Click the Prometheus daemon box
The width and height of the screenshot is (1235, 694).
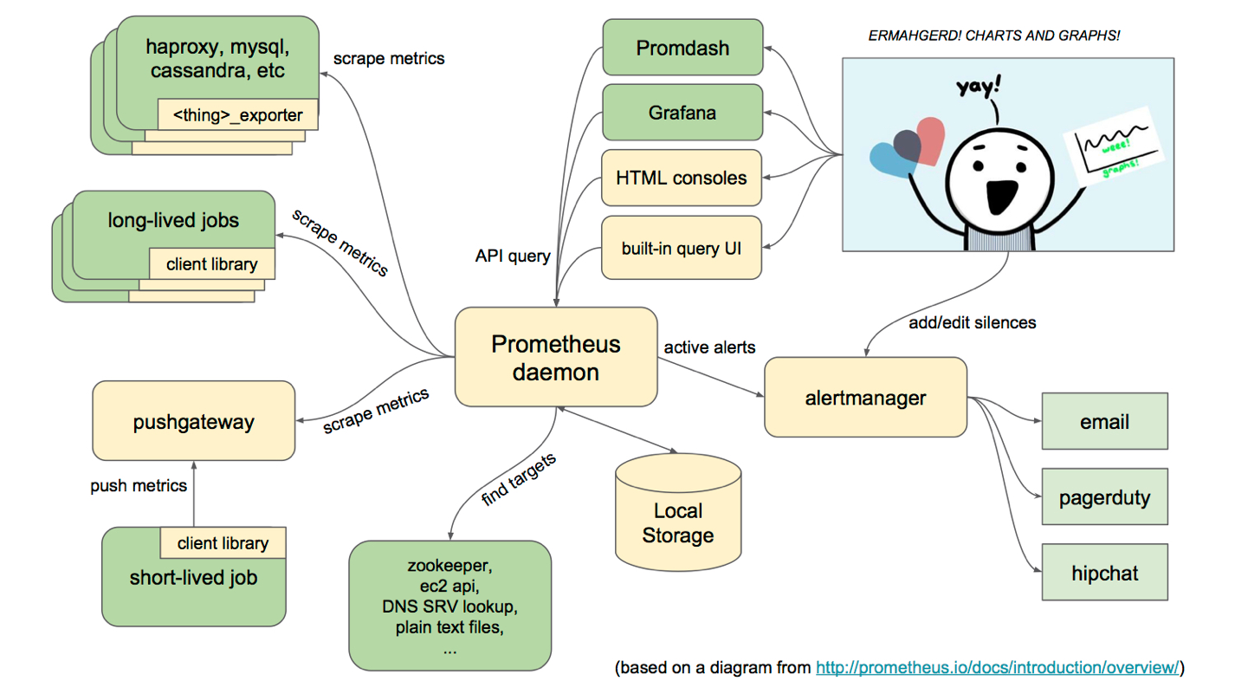point(556,357)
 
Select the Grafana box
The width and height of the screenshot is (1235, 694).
point(682,113)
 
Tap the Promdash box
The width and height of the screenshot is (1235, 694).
point(682,48)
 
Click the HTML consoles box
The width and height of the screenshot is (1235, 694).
point(682,178)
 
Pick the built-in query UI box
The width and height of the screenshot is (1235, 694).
point(682,248)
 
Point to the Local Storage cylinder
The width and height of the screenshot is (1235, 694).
point(678,512)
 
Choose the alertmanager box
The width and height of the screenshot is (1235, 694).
point(865,397)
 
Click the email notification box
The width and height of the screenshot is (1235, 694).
point(1105,421)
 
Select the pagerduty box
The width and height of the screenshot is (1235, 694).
point(1105,496)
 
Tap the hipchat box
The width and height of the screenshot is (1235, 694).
point(1105,572)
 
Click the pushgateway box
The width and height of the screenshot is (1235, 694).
point(193,421)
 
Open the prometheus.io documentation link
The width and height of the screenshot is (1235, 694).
point(998,667)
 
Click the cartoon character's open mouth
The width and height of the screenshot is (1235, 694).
point(1002,197)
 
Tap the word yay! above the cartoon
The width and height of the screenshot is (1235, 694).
point(979,87)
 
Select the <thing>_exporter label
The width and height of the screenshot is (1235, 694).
point(237,114)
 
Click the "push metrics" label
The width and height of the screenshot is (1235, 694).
point(139,485)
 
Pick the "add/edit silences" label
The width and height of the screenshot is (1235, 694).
point(972,322)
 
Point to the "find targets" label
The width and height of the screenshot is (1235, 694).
point(519,479)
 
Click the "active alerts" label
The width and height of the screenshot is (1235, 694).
point(709,347)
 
